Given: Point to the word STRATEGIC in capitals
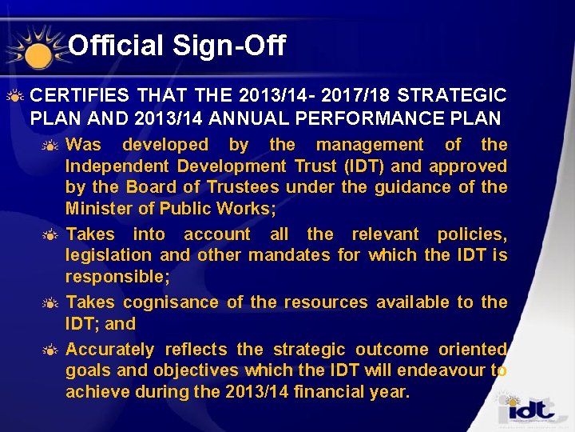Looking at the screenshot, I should point(451,96).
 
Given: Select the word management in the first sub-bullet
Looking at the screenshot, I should point(370,145).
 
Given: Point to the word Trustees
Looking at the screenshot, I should point(243,187).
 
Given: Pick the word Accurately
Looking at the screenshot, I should point(110,350).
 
